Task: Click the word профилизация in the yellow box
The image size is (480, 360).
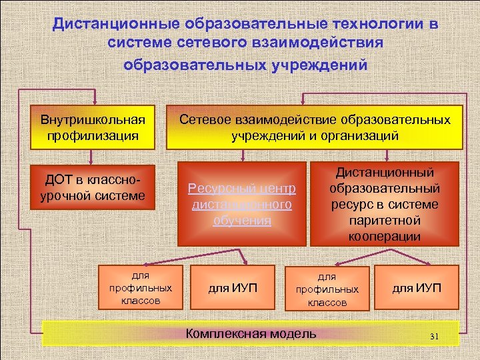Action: [x=93, y=135]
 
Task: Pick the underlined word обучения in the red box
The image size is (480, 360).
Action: [x=242, y=221]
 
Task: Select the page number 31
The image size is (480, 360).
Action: [x=434, y=335]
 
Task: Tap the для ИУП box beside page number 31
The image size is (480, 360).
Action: [x=417, y=289]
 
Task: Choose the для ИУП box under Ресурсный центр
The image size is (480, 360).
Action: [x=233, y=289]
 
